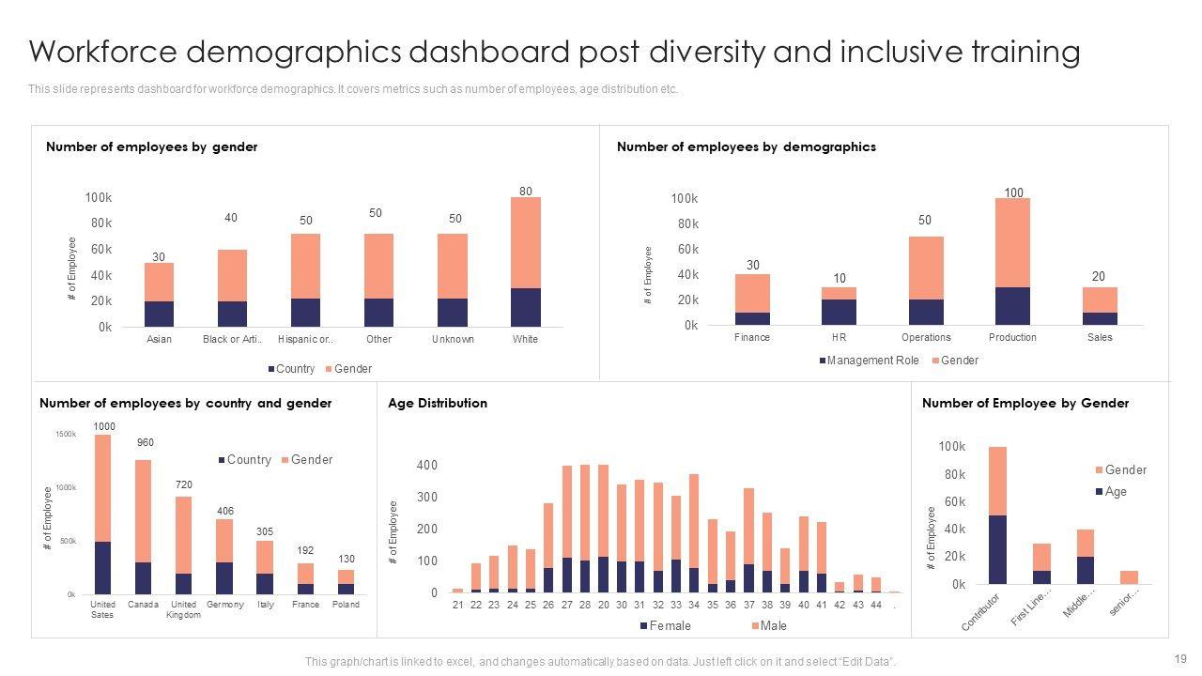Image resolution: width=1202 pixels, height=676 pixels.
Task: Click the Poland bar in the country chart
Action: [347, 582]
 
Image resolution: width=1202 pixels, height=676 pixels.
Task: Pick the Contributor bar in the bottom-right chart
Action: [997, 515]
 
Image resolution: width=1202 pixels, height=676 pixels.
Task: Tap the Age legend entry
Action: [1115, 492]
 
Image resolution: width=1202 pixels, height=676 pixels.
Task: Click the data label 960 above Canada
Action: [145, 443]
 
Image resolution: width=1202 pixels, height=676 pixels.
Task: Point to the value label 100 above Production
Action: [1013, 193]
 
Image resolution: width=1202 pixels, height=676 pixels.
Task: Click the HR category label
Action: [840, 338]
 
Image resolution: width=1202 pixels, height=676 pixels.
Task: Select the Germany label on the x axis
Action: [224, 605]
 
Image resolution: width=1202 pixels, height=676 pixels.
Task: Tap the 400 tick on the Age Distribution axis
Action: [427, 466]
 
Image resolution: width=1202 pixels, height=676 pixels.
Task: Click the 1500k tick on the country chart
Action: [66, 434]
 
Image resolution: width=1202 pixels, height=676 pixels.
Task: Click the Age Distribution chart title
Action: [438, 404]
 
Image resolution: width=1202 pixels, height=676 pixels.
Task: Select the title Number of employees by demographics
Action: [746, 147]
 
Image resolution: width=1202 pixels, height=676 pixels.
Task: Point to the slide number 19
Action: [1179, 658]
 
